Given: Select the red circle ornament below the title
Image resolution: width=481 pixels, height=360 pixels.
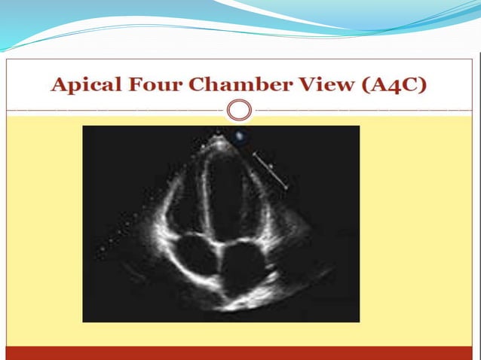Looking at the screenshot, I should (239, 111).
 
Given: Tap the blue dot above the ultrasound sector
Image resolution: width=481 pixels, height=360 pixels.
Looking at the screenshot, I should (240, 136).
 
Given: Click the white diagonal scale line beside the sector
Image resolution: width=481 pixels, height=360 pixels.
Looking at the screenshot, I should (271, 170).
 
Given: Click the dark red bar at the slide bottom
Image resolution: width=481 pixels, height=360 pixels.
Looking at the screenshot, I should (240, 353).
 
